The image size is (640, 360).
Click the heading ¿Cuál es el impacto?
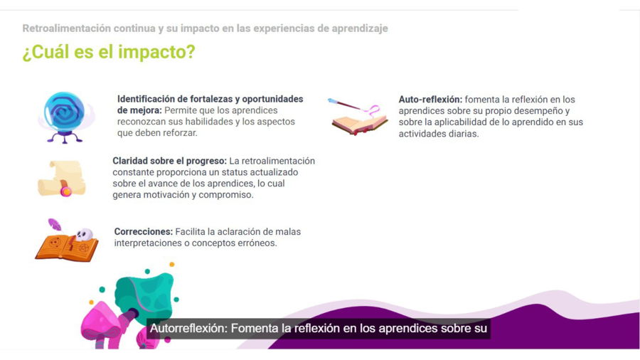(108, 53)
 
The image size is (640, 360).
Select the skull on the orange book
(84, 234)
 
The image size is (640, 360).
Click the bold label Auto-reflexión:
(430, 100)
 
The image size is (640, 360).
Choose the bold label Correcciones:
(143, 232)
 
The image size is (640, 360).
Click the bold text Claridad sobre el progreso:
(169, 162)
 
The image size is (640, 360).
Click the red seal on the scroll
(66, 191)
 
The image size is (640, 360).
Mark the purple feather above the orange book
(54, 225)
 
